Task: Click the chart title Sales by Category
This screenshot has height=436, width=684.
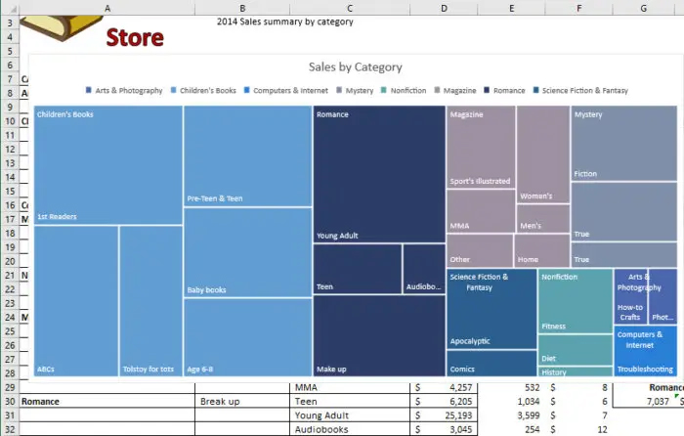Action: pos(355,67)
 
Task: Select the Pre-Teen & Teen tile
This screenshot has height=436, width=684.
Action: pos(247,156)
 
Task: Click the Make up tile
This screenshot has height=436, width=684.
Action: pos(378,336)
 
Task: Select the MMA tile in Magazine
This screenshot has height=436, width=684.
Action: pos(480,211)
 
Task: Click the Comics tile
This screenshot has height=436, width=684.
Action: pos(491,364)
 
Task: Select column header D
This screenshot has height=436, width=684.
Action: pos(444,8)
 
